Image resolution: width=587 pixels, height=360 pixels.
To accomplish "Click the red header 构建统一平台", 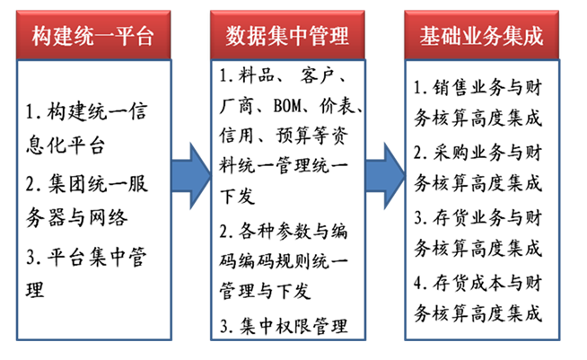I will point(93,36).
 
